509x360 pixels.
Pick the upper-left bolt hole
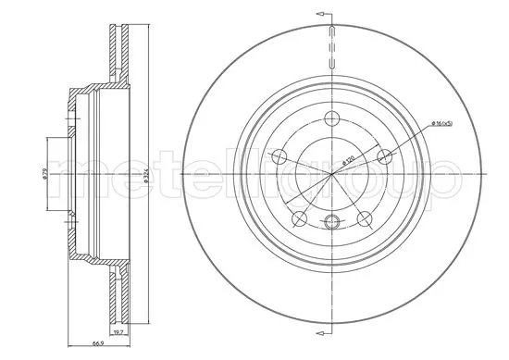pos(276,155)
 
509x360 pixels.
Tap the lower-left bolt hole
pos(298,218)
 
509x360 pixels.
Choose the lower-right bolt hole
pos(363,218)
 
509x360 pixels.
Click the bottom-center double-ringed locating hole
pos(331,220)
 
